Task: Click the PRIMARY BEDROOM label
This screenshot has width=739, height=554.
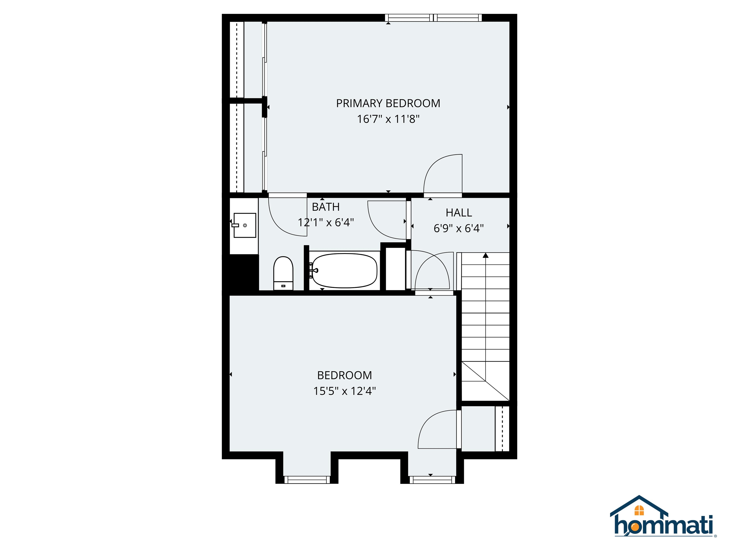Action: tap(388, 104)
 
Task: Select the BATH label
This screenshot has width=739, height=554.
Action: tap(325, 207)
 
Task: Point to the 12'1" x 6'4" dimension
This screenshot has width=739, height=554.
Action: tap(325, 222)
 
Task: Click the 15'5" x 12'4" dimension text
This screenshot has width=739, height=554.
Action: tap(344, 391)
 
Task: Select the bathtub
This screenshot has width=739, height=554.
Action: tap(344, 271)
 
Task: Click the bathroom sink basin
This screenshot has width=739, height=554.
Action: tap(245, 225)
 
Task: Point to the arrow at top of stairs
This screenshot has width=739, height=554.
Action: tap(485, 255)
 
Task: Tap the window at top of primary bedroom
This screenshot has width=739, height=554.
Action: tap(433, 18)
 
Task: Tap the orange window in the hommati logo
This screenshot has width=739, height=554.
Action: tap(639, 510)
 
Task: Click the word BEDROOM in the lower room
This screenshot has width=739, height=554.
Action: tap(344, 375)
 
